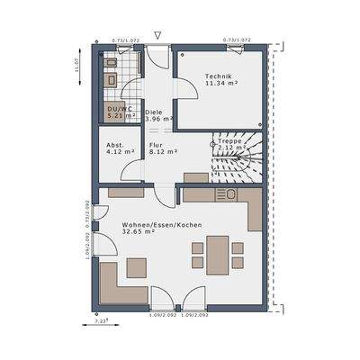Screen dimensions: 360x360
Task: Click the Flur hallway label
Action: click(158, 144)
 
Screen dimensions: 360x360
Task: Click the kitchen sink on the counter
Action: click(224, 194)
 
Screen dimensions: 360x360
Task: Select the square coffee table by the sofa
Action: click(137, 267)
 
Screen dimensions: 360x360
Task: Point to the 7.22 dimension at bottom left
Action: click(102, 319)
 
